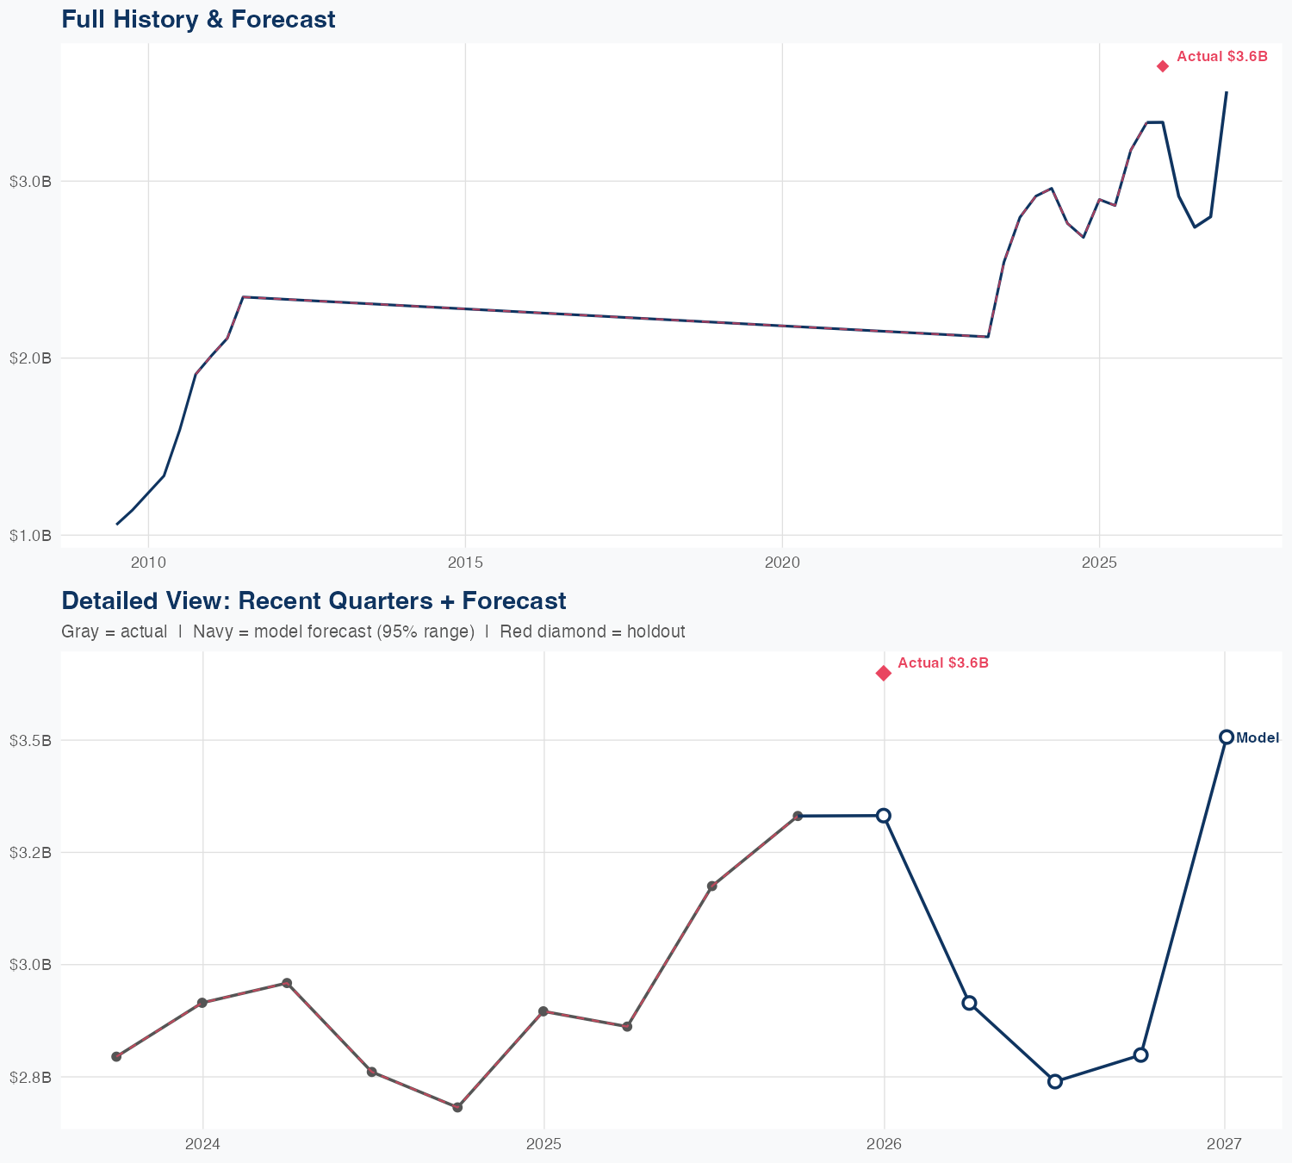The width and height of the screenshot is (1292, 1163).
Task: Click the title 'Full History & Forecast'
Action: tap(198, 19)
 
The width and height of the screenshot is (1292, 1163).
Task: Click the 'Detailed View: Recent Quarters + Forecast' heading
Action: tap(314, 600)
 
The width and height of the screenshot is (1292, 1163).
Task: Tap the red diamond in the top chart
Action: tap(1163, 66)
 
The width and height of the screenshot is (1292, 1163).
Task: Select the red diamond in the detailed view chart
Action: tap(883, 673)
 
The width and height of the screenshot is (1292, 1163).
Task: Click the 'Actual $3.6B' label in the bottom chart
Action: tap(942, 662)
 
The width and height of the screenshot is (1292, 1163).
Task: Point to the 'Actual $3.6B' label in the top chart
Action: tap(1221, 56)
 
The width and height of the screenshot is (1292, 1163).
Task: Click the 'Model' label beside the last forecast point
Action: tap(1257, 737)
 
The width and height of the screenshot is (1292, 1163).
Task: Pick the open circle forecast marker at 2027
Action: tap(1226, 737)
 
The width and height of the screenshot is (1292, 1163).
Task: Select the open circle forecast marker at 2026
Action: tap(884, 815)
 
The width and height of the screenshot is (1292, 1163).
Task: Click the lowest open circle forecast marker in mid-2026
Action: tap(1054, 1081)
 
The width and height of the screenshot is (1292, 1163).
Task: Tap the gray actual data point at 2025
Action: tap(543, 1011)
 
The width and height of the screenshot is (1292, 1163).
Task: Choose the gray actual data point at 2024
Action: tap(202, 1003)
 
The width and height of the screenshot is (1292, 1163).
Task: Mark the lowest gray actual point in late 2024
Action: tap(457, 1107)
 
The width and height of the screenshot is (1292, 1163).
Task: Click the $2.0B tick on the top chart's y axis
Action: tap(30, 358)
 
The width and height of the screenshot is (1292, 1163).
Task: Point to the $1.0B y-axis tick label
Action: tap(30, 535)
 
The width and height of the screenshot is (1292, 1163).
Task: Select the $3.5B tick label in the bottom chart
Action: tap(30, 740)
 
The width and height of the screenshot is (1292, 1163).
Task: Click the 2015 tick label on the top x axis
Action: tap(465, 563)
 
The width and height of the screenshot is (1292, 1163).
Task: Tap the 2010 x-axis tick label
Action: tap(148, 563)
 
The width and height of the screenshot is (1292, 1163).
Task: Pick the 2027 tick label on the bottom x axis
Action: tap(1224, 1144)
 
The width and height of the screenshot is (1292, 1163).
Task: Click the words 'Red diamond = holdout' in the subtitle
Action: tap(592, 631)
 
